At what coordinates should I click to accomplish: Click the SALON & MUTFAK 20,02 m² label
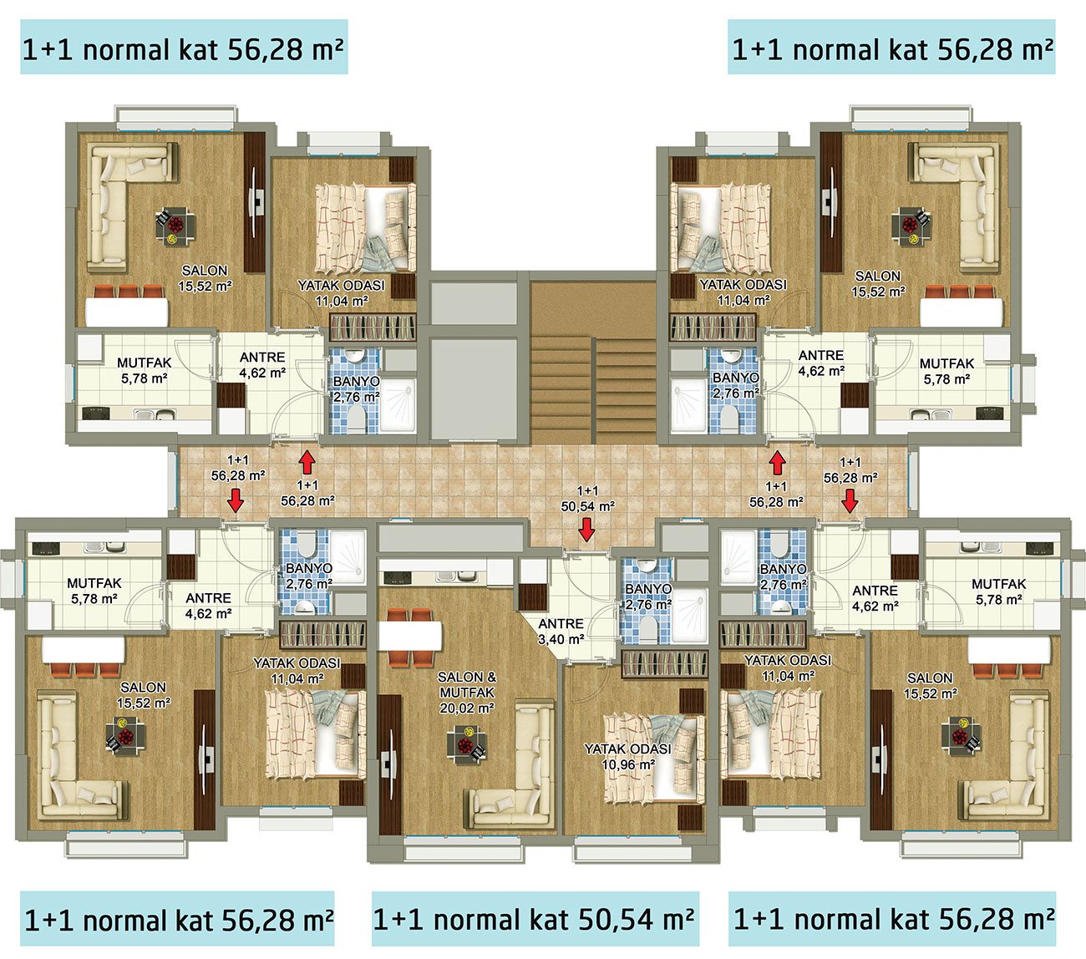pyautogui.click(x=467, y=693)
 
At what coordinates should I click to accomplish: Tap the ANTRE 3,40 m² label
pyautogui.click(x=561, y=632)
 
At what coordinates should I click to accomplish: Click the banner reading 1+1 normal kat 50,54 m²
pyautogui.click(x=535, y=920)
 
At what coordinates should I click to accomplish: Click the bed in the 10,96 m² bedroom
pyautogui.click(x=653, y=760)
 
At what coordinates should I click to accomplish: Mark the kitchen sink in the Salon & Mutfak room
pyautogui.click(x=455, y=576)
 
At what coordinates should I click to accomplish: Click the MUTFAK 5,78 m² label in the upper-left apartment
pyautogui.click(x=145, y=371)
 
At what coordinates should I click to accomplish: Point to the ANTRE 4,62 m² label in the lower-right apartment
pyautogui.click(x=875, y=598)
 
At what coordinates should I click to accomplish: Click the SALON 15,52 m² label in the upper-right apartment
pyautogui.click(x=878, y=284)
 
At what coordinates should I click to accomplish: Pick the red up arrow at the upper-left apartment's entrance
pyautogui.click(x=307, y=462)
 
